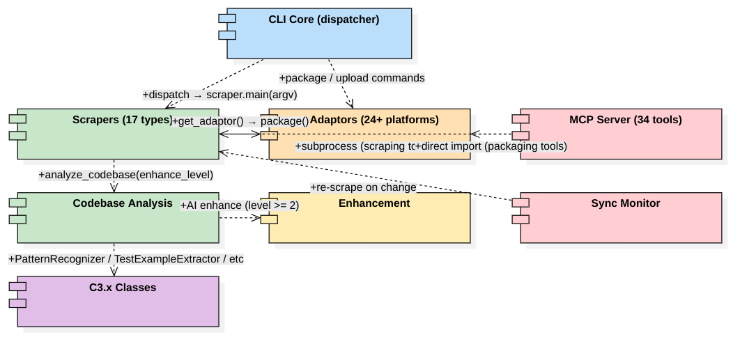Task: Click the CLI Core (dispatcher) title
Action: [x=323, y=19]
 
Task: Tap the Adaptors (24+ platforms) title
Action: [x=374, y=120]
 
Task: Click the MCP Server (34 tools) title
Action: [x=625, y=120]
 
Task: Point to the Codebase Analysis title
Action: [x=123, y=203]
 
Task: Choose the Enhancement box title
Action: [x=374, y=203]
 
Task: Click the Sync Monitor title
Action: [x=625, y=203]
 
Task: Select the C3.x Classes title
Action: [x=123, y=288]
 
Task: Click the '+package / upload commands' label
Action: [x=352, y=78]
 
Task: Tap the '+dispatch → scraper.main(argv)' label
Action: [x=220, y=95]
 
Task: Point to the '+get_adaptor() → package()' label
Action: [x=240, y=121]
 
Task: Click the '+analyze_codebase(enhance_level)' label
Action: [x=126, y=175]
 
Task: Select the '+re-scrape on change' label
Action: [x=363, y=187]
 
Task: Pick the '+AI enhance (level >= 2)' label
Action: [x=240, y=205]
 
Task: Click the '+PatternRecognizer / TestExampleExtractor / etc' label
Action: [x=126, y=259]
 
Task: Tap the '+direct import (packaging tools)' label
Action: [x=491, y=146]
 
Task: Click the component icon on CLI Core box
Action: [x=227, y=26]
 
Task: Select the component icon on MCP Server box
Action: [x=520, y=127]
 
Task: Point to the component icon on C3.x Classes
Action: [x=17, y=295]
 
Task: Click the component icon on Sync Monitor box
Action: [x=520, y=210]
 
